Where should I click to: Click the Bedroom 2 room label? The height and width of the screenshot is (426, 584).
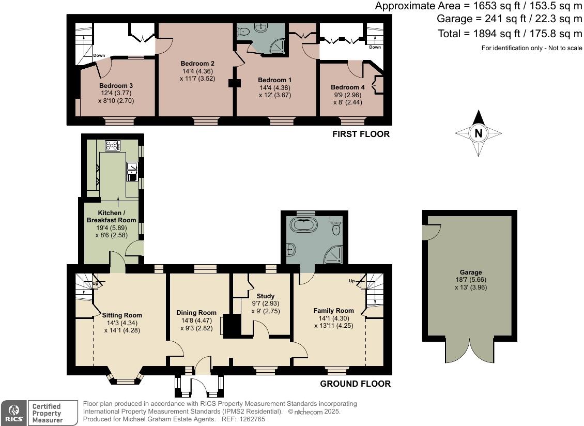[x=197, y=64]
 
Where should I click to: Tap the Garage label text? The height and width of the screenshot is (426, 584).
[x=470, y=272]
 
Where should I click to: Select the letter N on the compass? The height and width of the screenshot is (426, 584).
[x=479, y=133]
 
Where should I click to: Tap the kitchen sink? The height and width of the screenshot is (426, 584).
[x=132, y=171]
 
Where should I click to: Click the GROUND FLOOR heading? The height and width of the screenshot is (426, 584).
[x=355, y=384]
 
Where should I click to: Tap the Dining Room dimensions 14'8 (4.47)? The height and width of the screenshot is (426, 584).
[x=196, y=320]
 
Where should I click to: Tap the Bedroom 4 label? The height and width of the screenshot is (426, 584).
[x=345, y=87]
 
